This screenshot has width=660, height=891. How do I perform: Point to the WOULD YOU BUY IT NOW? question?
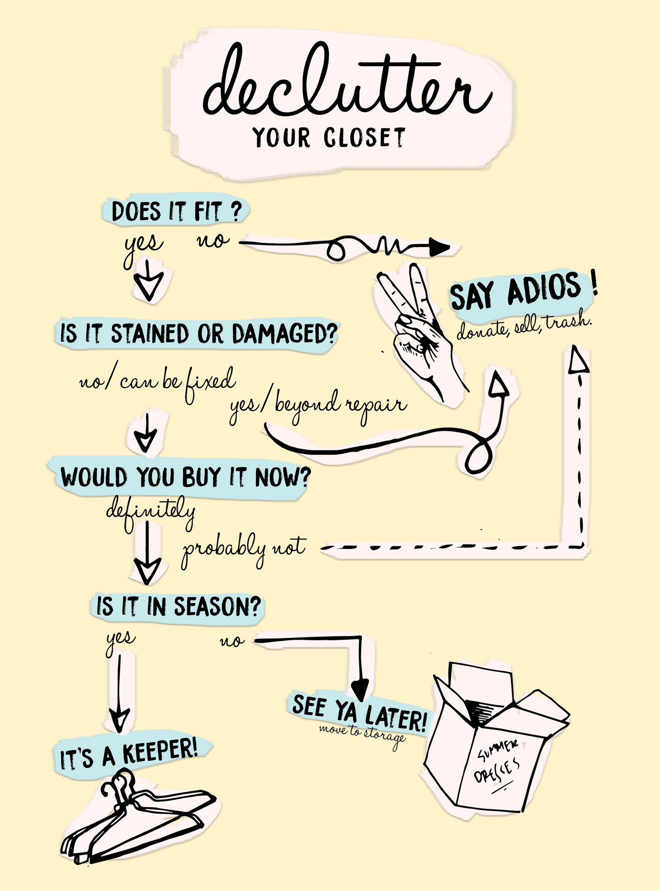click(x=185, y=477)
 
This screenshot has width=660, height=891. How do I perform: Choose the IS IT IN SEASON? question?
click(x=178, y=606)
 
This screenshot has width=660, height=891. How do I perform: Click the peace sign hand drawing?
click(x=419, y=332)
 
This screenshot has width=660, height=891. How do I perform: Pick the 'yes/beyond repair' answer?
click(x=318, y=406)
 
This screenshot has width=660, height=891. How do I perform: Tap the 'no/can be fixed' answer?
click(x=158, y=382)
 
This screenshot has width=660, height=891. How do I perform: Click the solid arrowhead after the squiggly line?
click(x=439, y=248)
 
